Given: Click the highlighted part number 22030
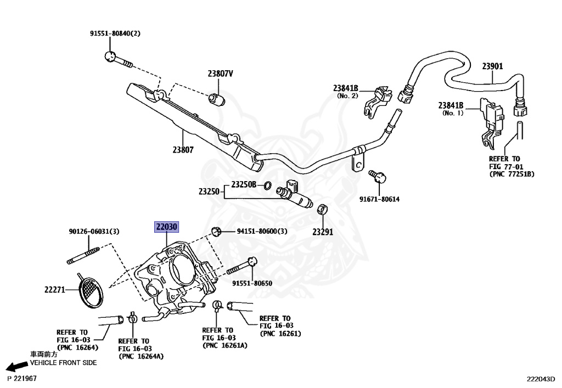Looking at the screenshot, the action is coord(166,227).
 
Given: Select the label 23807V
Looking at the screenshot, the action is coord(220,74).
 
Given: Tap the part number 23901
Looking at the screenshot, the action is coord(492,66).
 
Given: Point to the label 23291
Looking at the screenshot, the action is coord(323,232).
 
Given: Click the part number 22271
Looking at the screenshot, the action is coord(55,289).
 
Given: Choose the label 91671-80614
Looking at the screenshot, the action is coord(380,199).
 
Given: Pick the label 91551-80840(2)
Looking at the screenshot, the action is coord(115,33).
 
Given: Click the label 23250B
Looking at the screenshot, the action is coord(244,184).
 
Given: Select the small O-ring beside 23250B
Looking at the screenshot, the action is coord(267,185).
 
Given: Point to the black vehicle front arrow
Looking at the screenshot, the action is coord(17,367).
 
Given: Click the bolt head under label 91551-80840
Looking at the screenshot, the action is coord(110,57).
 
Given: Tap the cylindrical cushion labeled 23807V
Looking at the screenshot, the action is coord(217,99).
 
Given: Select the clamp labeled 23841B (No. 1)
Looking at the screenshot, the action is coord(491,122).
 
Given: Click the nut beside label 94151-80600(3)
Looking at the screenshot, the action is coord(216,231).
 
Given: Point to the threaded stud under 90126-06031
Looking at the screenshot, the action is coord(83,256).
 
